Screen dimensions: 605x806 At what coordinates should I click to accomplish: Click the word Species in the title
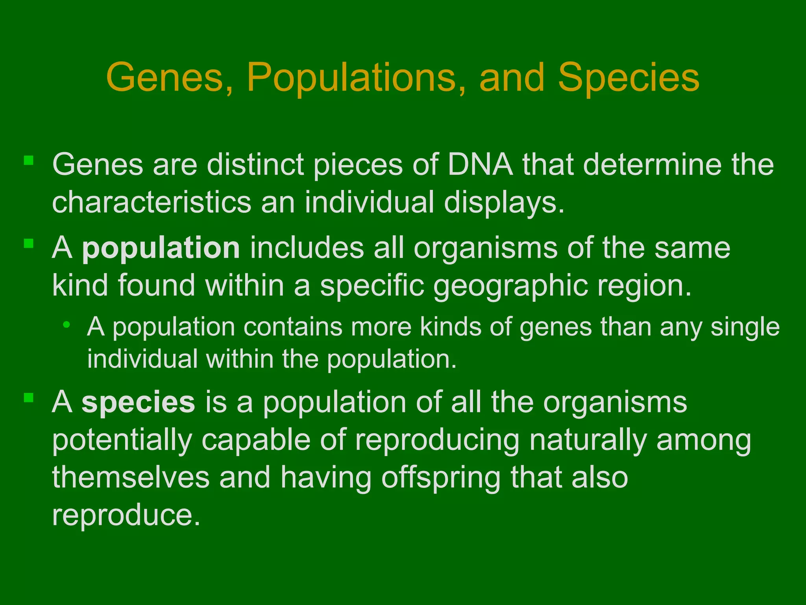coord(629,78)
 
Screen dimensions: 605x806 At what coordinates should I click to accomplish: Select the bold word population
coord(161,248)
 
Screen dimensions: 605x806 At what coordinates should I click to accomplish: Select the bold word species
coord(138,402)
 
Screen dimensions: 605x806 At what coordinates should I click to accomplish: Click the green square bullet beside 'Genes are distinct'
coord(28,160)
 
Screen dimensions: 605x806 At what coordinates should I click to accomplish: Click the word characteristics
coord(151,202)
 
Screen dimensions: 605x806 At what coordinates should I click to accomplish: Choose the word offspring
coord(441,478)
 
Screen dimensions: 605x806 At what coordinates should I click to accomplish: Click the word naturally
coord(588,440)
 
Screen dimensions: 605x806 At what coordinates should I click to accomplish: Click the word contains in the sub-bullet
coord(293,327)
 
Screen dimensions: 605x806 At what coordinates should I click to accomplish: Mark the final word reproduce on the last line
coord(126,515)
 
